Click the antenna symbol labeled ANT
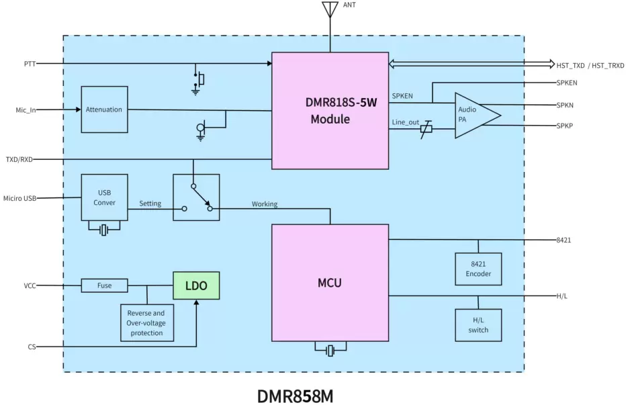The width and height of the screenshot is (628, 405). tap(330, 11)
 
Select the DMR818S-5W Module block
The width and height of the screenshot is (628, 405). tap(330, 111)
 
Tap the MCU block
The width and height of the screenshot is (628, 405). tap(330, 283)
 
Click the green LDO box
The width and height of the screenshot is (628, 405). tap(196, 285)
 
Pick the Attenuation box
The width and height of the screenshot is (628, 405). tap(104, 109)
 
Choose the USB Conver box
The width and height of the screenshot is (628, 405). tap(104, 197)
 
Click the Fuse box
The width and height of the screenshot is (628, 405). tap(104, 285)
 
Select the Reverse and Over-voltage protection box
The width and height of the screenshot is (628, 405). tap(146, 322)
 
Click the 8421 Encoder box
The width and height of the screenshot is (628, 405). tap(478, 269)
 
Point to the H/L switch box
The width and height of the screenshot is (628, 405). tap(478, 325)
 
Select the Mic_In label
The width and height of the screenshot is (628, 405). tap(26, 109)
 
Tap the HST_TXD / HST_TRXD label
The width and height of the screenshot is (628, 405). tap(590, 65)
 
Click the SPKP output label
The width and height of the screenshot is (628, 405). tap(564, 126)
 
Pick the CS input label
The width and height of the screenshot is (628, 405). tap(32, 347)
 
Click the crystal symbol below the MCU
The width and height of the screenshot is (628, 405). tap(330, 351)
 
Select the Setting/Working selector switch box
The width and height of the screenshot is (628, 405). tap(196, 197)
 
